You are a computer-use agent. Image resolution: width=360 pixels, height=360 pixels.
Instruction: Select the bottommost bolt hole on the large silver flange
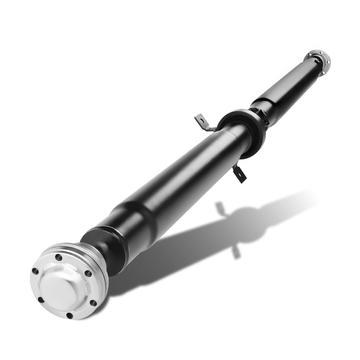(69, 315)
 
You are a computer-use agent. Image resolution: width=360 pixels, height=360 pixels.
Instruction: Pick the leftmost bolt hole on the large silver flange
(35, 271)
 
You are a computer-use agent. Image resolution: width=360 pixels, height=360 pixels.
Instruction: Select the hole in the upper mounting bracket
(200, 118)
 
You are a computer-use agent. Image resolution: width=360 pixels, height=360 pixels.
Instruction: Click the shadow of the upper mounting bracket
(220, 208)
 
